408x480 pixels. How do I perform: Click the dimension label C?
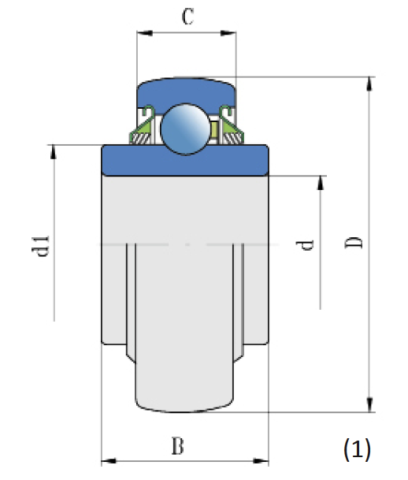click(x=187, y=18)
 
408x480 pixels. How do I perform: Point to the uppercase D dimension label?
click(x=355, y=242)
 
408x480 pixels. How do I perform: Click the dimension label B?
click(x=179, y=446)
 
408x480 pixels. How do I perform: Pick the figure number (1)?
click(x=357, y=449)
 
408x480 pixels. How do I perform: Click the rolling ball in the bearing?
click(x=187, y=129)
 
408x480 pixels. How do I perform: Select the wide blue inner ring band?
click(x=186, y=161)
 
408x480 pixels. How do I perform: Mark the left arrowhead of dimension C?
click(x=143, y=33)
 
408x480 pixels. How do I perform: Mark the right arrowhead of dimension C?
click(x=231, y=33)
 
